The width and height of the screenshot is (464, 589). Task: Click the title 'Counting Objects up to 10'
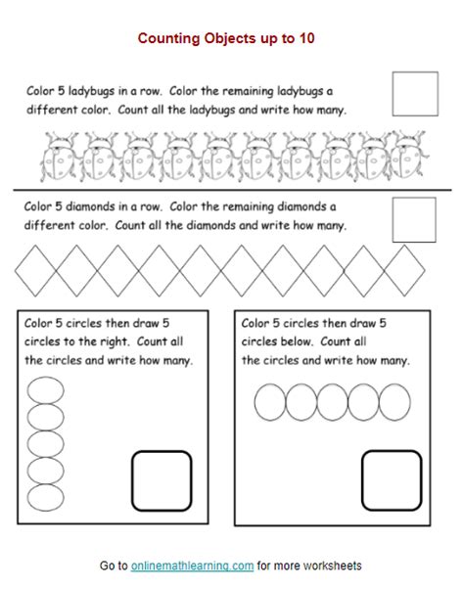pos(226,38)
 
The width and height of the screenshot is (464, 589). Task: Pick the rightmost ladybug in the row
pos(408,156)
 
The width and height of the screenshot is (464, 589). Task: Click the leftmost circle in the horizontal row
pos(255,402)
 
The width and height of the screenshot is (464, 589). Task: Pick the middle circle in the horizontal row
pos(317,402)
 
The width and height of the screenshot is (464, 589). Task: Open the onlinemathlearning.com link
pos(193,566)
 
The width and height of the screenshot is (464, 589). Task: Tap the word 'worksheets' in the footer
pos(332,566)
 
